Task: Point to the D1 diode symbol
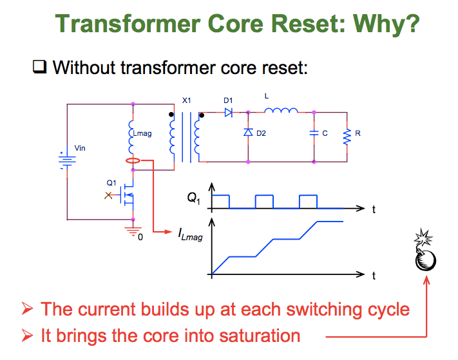pos(228,112)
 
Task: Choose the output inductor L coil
pos(281,111)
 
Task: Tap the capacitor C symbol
pos(314,133)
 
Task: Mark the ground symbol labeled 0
pos(133,231)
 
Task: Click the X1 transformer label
pos(187,100)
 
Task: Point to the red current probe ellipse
pos(133,161)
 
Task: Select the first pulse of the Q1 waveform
pos(220,201)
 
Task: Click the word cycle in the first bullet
pos(384,309)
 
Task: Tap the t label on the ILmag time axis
pos(373,277)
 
